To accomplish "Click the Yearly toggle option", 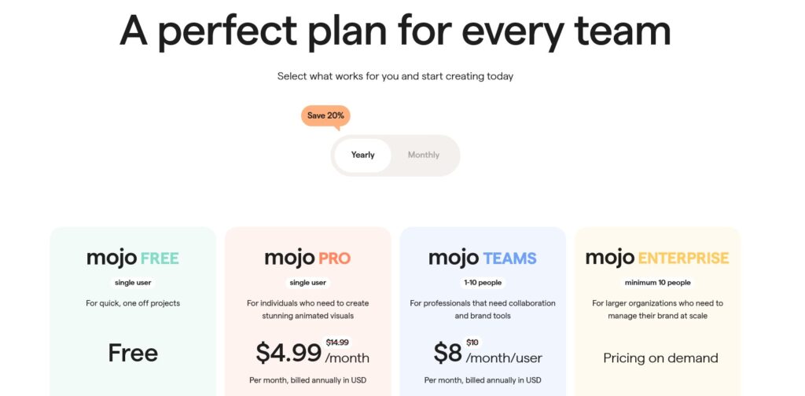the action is [362, 155].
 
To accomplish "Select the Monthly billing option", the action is [424, 155].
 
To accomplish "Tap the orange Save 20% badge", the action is [325, 116].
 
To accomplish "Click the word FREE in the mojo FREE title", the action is [160, 258].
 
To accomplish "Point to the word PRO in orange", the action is [334, 258].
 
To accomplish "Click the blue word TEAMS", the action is [509, 258].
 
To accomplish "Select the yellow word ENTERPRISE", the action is [683, 258].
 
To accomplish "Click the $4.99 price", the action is [289, 353].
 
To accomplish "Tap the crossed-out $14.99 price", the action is [337, 343].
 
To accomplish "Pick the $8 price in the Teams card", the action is [447, 353].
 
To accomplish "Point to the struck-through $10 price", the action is [472, 343].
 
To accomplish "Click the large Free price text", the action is [133, 353].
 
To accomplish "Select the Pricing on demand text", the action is [660, 358].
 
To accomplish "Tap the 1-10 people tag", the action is [483, 283].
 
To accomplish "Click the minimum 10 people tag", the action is [658, 283].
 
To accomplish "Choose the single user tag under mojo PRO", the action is [307, 283].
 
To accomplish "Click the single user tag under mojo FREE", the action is [133, 283].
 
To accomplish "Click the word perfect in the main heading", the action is [227, 31].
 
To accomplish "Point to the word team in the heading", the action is [623, 31].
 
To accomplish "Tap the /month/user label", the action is [504, 358].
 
